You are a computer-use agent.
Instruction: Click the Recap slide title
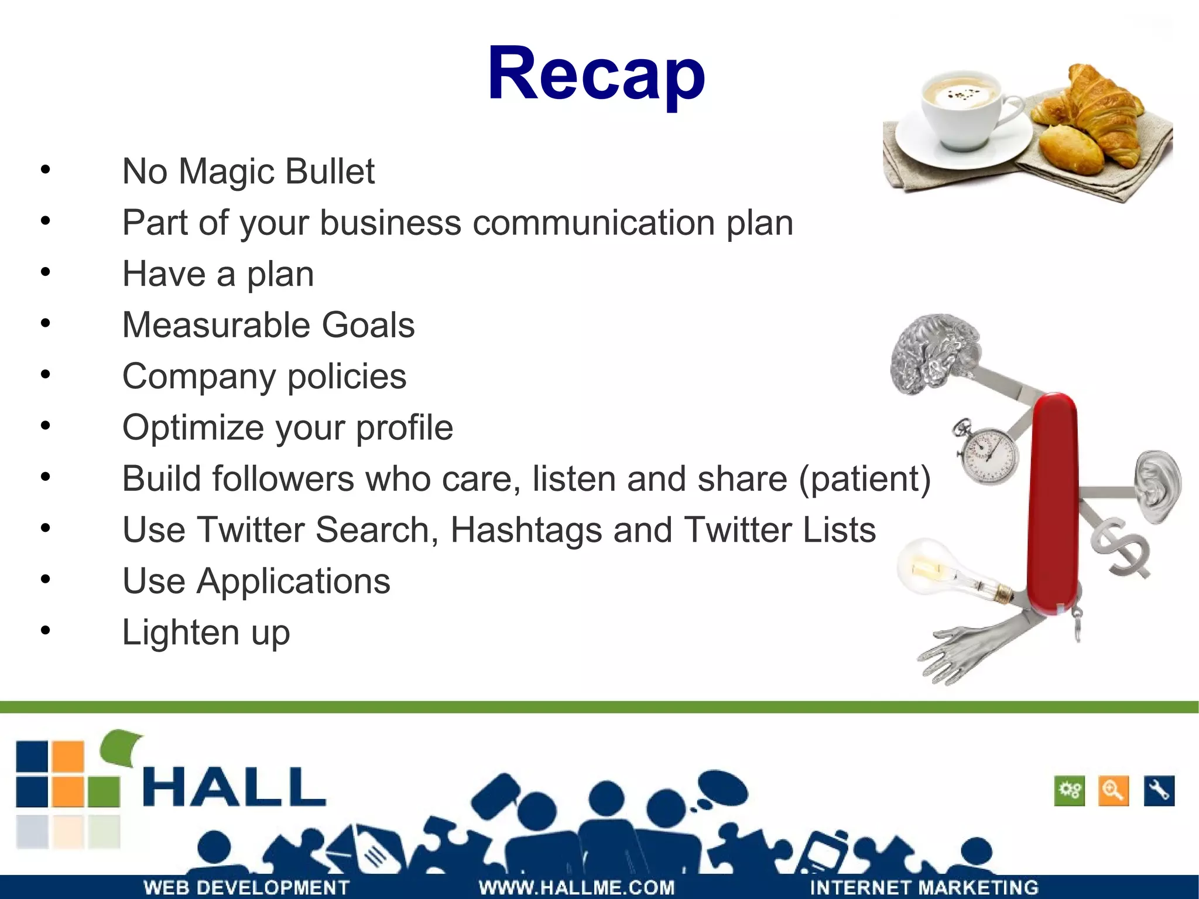point(596,74)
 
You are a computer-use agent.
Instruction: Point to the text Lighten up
point(206,633)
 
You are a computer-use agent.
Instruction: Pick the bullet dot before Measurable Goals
point(46,324)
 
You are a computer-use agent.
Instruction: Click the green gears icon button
point(1070,791)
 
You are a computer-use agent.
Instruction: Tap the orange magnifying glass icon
point(1114,791)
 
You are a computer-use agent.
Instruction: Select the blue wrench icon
point(1159,791)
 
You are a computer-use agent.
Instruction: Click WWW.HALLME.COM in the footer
point(577,887)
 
